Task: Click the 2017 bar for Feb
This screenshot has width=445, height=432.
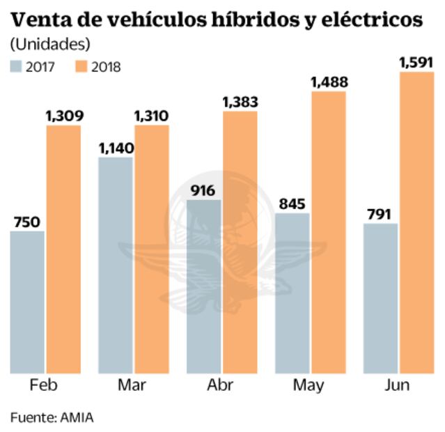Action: pyautogui.click(x=27, y=302)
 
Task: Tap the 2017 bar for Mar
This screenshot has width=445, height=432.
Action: pyautogui.click(x=116, y=265)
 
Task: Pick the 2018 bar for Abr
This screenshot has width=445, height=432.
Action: pyautogui.click(x=240, y=242)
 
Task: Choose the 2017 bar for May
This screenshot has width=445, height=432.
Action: pyautogui.click(x=292, y=293)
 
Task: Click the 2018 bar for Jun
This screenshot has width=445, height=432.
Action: pyautogui.click(x=416, y=222)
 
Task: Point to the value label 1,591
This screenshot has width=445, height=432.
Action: pyautogui.click(x=416, y=63)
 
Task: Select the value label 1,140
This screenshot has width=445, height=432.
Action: pyautogui.click(x=116, y=148)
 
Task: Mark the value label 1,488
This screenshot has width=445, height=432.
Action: pyautogui.click(x=329, y=83)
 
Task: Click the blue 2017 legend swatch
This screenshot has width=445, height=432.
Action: pyautogui.click(x=16, y=67)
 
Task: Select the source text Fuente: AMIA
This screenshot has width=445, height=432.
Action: pyautogui.click(x=52, y=417)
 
